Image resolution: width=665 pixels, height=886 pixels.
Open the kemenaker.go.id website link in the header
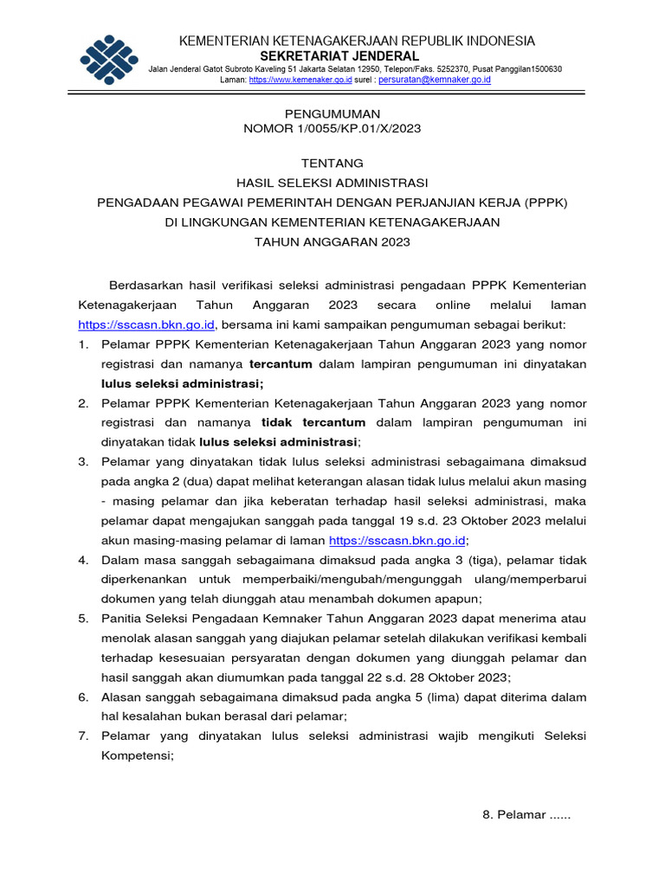pyautogui.click(x=300, y=80)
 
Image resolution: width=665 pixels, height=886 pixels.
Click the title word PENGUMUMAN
pyautogui.click(x=332, y=113)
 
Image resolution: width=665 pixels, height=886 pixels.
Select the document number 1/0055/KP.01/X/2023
pyautogui.click(x=357, y=129)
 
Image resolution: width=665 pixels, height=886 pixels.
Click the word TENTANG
pyautogui.click(x=332, y=163)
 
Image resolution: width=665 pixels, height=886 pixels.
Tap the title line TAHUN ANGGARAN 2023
pyautogui.click(x=332, y=242)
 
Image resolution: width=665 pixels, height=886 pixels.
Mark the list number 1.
pyautogui.click(x=83, y=344)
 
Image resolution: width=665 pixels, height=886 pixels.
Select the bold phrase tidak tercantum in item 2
pyautogui.click(x=313, y=422)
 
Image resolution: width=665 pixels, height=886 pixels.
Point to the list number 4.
pyautogui.click(x=83, y=559)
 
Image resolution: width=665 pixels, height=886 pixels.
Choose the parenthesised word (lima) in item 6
pyautogui.click(x=454, y=697)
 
